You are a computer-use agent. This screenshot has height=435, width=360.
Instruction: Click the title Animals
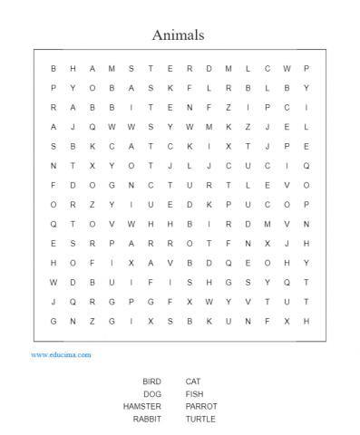179,35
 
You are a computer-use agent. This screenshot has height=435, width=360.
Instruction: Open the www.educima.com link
62,355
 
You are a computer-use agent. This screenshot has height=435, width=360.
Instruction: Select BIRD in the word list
151,382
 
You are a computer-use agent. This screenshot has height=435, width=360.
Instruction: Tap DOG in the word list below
152,394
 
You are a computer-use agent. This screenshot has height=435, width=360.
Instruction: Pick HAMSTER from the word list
142,407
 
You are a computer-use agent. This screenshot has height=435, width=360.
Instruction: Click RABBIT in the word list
147,420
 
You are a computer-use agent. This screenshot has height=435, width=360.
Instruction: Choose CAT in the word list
192,382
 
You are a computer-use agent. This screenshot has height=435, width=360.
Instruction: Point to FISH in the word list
194,394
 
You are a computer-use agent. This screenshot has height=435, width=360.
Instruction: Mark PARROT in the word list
200,407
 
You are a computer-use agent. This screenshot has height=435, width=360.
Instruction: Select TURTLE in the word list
200,420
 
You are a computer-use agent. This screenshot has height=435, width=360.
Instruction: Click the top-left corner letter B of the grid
54,68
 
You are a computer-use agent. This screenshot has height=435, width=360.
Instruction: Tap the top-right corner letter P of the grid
306,68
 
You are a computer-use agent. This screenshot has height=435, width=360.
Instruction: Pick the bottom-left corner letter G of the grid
54,321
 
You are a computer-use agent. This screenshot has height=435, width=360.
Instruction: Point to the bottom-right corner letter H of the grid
306,321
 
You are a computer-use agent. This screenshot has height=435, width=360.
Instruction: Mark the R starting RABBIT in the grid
54,107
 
